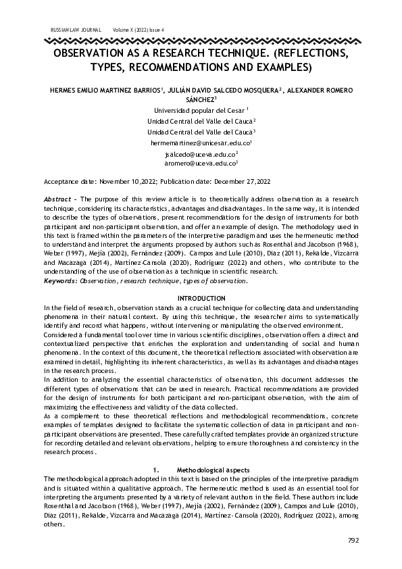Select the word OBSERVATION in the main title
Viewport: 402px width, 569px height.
(x=95, y=53)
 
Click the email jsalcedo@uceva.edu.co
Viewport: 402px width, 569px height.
(x=201, y=154)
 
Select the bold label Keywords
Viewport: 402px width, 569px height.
(x=60, y=280)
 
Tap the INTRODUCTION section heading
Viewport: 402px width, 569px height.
(x=201, y=298)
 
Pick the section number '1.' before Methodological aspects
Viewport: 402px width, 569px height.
(x=157, y=469)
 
